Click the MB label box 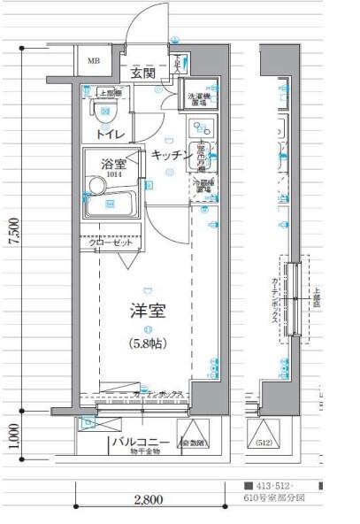tap(94, 61)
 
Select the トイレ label tap(111, 134)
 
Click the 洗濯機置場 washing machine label tap(197, 98)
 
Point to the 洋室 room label tap(148, 312)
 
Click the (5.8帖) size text tap(148, 343)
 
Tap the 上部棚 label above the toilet tap(110, 92)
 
